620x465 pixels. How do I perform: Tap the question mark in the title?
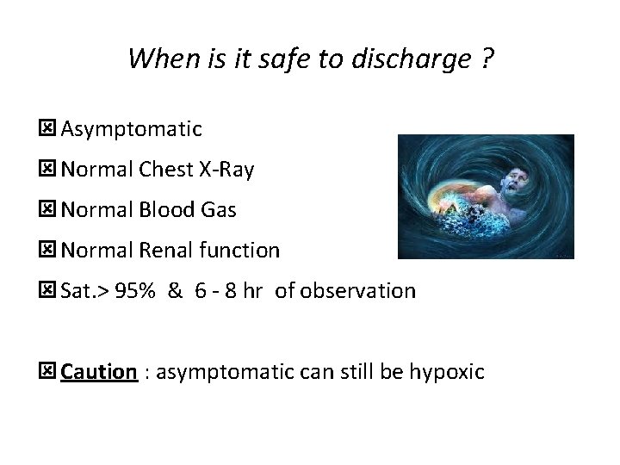tap(488, 59)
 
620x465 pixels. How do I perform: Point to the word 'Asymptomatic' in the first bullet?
tap(131, 130)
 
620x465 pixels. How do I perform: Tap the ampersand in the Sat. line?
tap(175, 291)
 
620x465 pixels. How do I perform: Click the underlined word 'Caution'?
tap(99, 372)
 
